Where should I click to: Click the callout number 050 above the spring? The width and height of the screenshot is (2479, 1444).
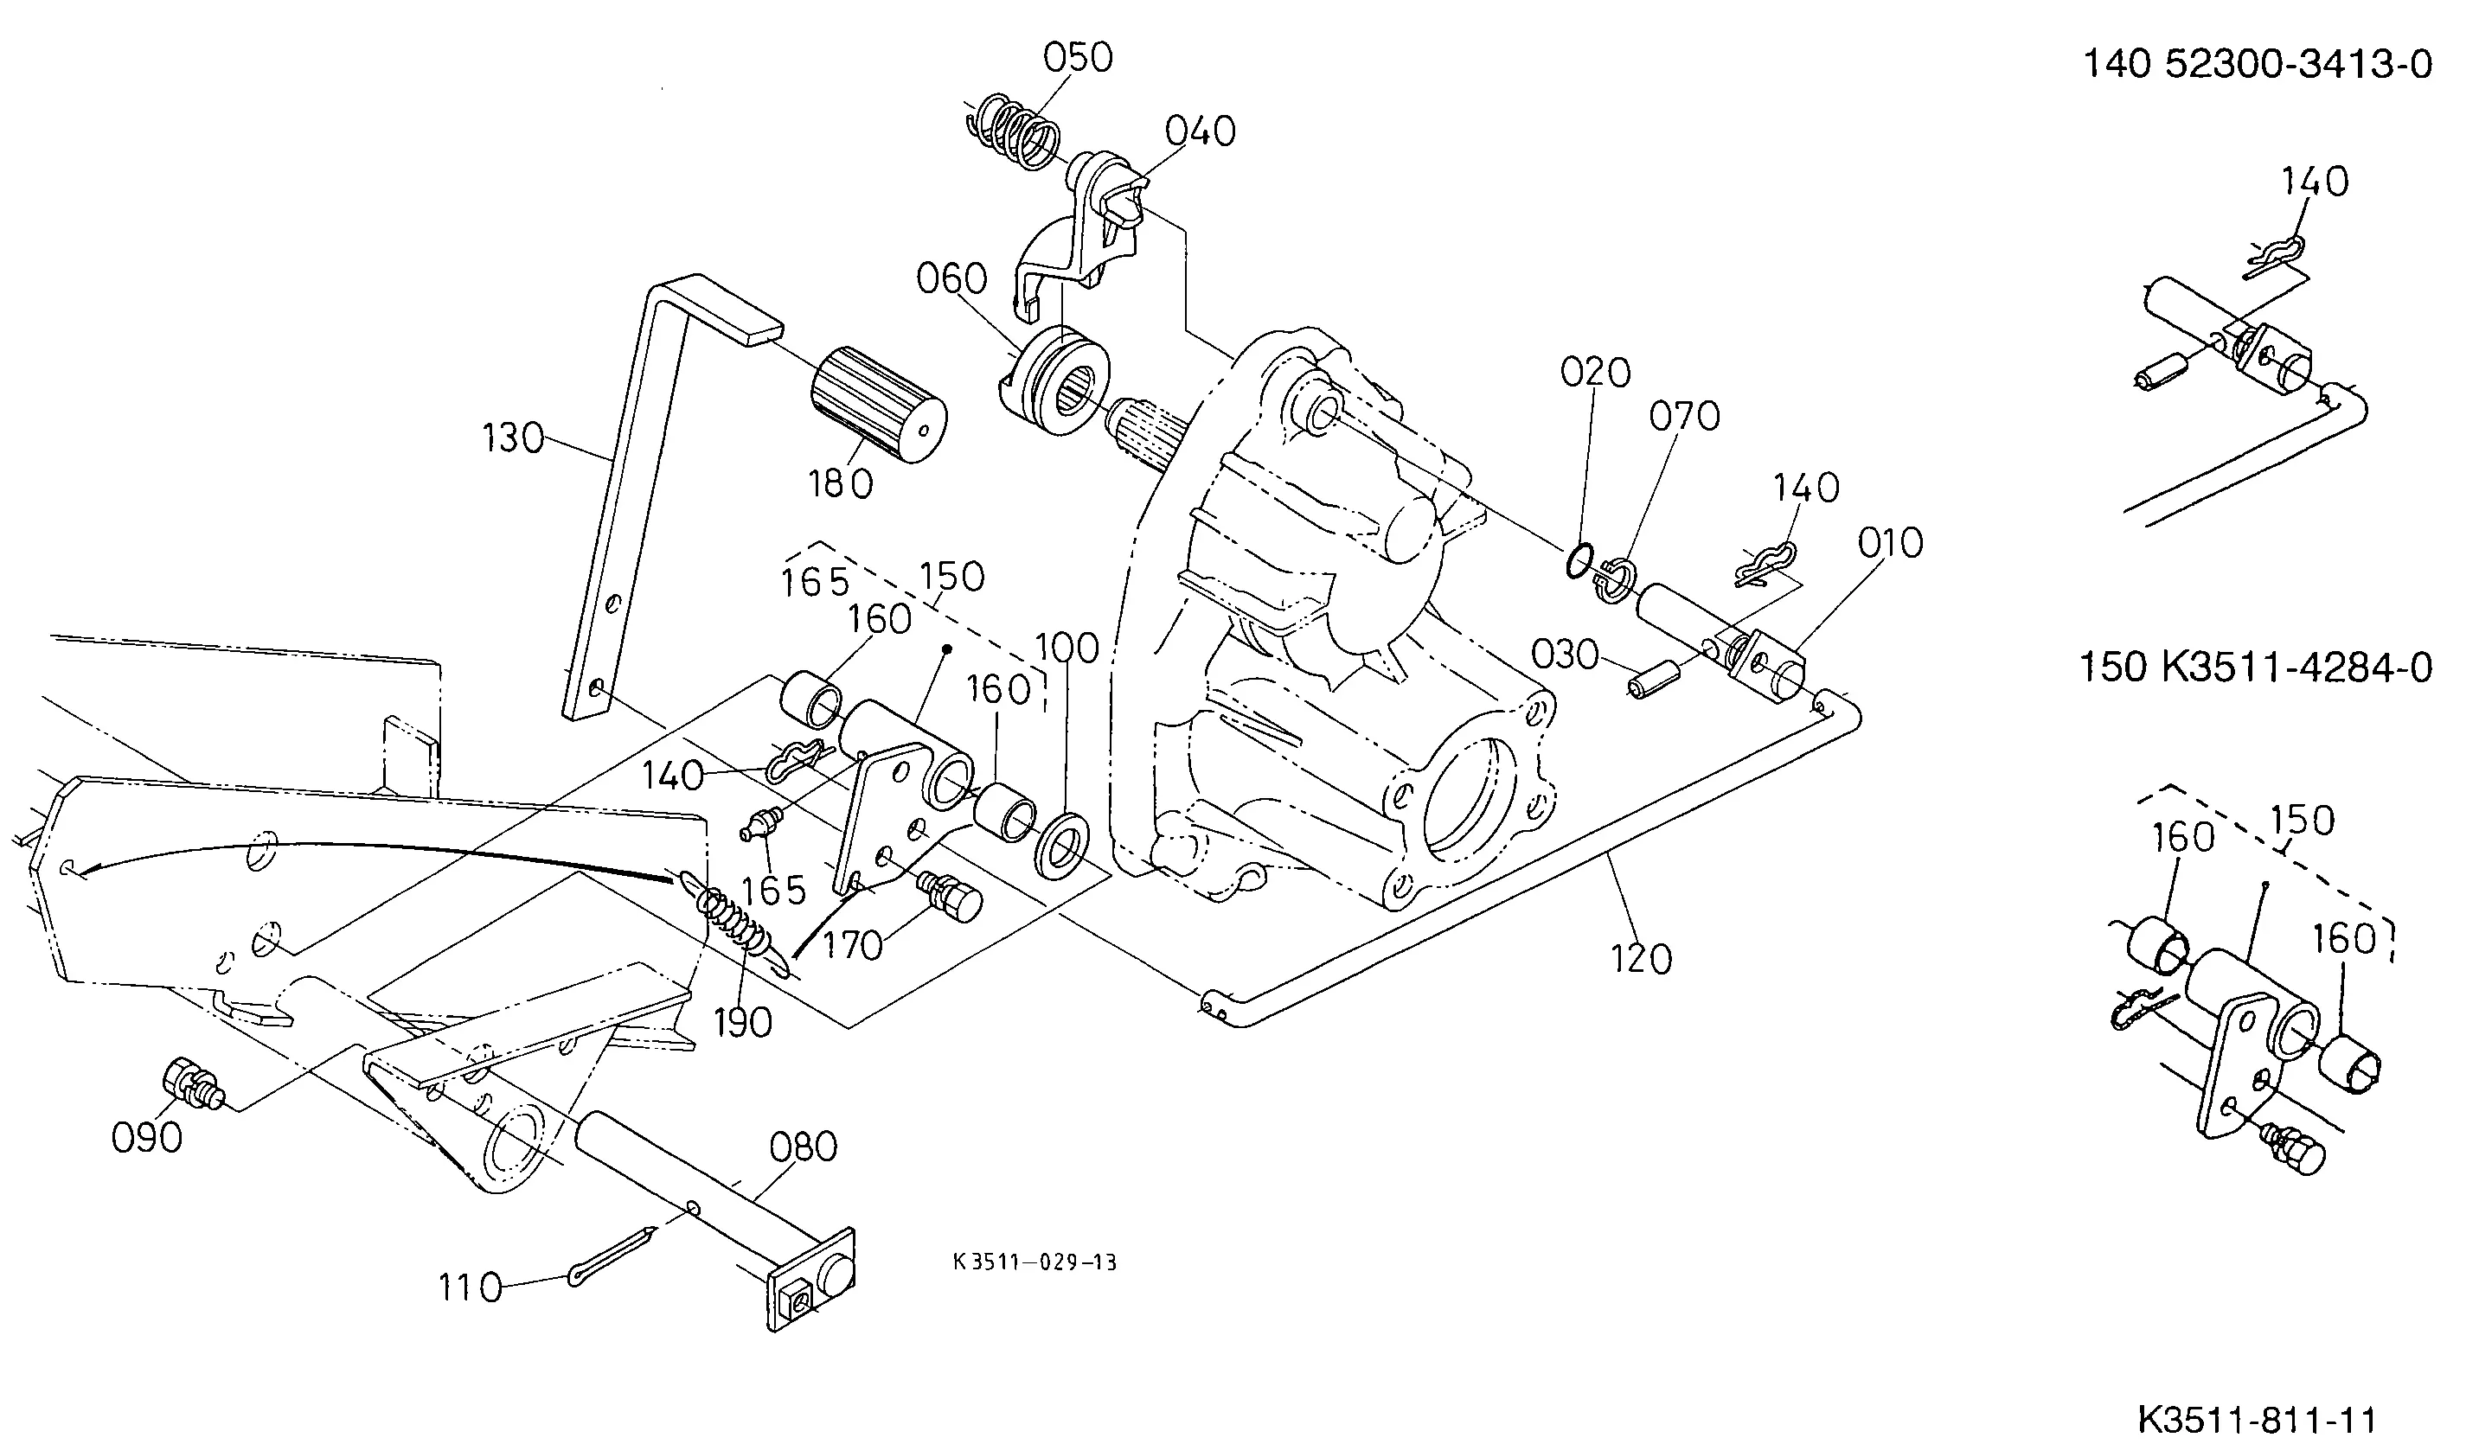[1078, 58]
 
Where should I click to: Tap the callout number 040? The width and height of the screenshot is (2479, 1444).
[1201, 131]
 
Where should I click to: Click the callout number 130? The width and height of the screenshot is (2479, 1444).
[513, 438]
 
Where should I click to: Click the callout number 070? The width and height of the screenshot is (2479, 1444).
[1684, 416]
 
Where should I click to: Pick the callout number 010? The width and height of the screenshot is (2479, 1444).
[1890, 543]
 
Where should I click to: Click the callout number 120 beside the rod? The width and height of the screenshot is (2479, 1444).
[1641, 959]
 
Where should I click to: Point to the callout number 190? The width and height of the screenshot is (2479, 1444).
[743, 1023]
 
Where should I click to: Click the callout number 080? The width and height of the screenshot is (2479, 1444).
[804, 1147]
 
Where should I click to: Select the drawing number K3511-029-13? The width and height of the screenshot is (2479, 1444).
[1035, 1262]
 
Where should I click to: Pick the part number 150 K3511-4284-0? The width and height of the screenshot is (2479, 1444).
[2257, 668]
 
